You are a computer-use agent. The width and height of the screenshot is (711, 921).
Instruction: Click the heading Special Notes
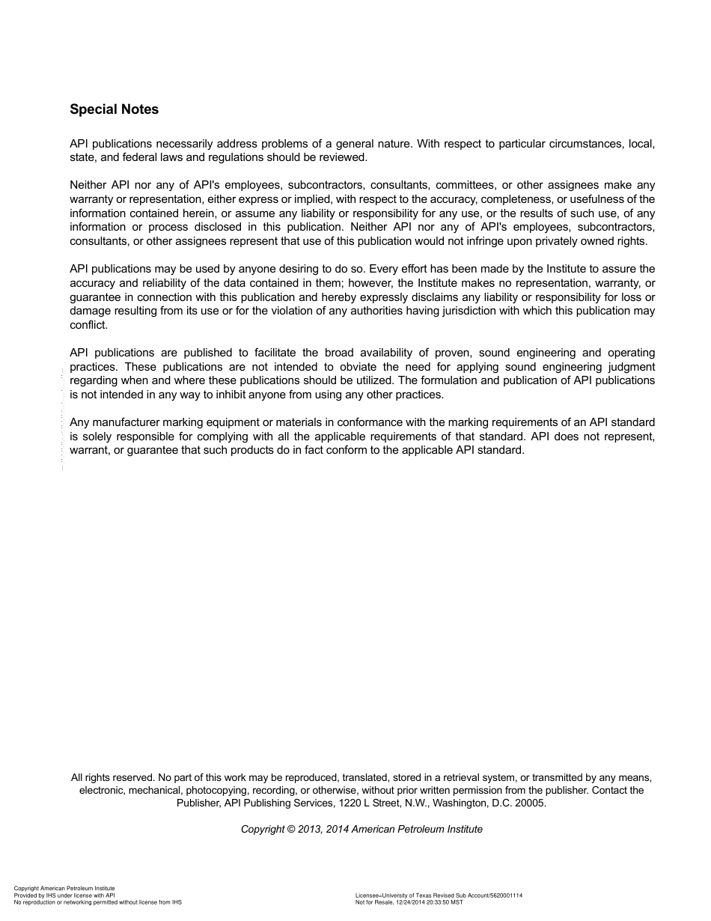pyautogui.click(x=114, y=109)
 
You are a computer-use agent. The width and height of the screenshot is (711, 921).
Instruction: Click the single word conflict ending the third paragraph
pyautogui.click(x=89, y=325)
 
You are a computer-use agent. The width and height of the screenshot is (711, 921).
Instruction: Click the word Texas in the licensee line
pyautogui.click(x=422, y=896)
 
